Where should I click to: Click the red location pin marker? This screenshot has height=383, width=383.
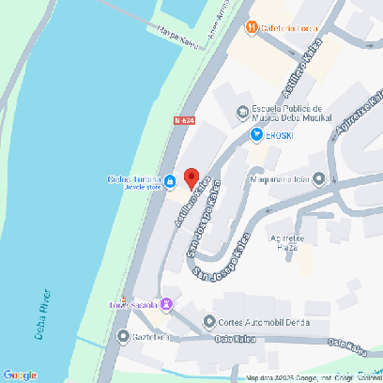click(191, 177)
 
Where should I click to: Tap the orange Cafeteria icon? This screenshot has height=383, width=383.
click(251, 27)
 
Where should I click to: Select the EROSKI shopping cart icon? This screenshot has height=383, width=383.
click(256, 135)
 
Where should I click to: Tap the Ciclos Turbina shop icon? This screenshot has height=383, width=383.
click(171, 181)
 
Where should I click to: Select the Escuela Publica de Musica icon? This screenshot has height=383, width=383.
click(242, 113)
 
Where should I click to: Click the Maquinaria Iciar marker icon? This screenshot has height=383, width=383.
click(320, 178)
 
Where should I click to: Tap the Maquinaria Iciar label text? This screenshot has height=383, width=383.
click(281, 178)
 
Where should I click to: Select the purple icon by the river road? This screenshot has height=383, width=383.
click(166, 304)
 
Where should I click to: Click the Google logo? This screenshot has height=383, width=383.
click(20, 375)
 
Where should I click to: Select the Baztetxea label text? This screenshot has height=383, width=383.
click(150, 336)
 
